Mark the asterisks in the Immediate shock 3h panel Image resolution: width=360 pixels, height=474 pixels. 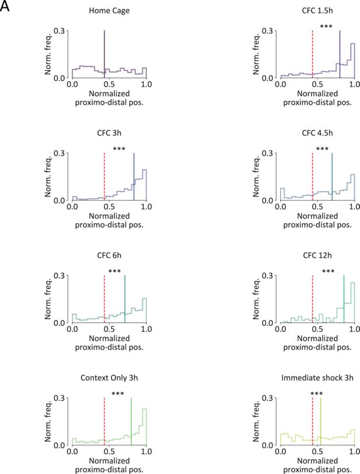(x=317, y=395)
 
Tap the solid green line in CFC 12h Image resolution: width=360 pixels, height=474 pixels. (x=344, y=299)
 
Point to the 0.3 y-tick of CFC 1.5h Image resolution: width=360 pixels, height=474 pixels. (x=268, y=30)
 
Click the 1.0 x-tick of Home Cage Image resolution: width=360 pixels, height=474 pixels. (x=146, y=85)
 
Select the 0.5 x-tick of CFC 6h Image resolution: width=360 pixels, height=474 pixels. (x=109, y=330)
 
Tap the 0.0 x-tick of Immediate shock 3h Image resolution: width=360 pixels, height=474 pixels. (x=280, y=452)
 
